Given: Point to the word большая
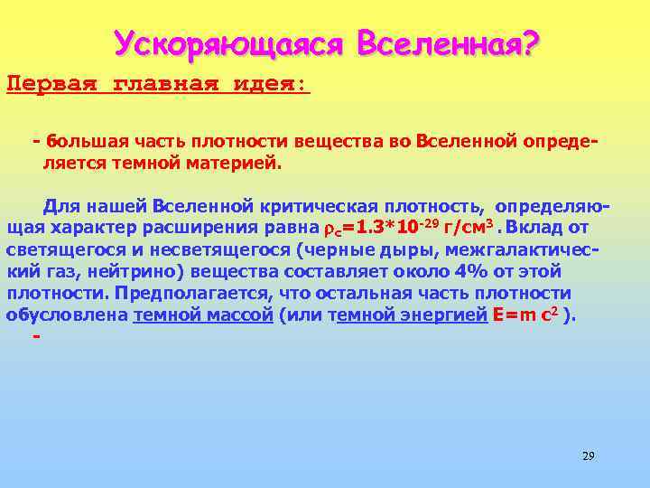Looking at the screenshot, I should [x=82, y=143].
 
